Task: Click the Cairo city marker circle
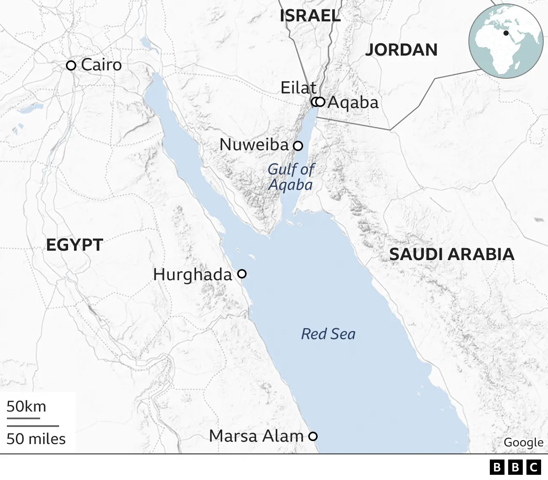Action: [71, 65]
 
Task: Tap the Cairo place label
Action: [101, 65]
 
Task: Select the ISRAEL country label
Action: [310, 16]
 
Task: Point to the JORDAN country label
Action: [401, 50]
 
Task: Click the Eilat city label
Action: [298, 88]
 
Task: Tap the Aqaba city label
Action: [353, 103]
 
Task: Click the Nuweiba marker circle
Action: [298, 146]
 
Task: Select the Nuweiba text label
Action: [254, 145]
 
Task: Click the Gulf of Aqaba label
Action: [291, 177]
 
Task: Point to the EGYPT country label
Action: [74, 245]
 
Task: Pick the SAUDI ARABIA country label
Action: [452, 255]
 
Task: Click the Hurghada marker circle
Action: [242, 274]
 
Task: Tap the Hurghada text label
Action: [193, 275]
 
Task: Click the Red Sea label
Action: [328, 334]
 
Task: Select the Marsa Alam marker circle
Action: [313, 436]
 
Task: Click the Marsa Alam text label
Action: [256, 436]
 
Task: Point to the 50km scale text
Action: [26, 406]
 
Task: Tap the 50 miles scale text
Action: [36, 439]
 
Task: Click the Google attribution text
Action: [523, 442]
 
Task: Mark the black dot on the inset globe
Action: [506, 33]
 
